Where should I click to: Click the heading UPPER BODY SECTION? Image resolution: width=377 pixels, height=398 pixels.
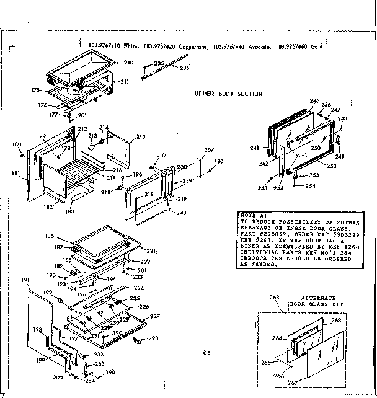(228, 94)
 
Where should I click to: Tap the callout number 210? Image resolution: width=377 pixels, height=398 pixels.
(128, 63)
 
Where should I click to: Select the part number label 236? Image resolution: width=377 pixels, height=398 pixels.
(184, 68)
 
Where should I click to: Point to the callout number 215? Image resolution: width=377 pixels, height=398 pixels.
(141, 136)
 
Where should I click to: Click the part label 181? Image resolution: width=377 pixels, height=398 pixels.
(15, 174)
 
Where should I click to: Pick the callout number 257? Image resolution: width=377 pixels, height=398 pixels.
(209, 151)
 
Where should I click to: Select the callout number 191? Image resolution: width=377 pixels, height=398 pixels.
(25, 281)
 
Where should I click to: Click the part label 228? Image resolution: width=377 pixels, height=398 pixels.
(153, 338)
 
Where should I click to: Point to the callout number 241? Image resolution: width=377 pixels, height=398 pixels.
(254, 148)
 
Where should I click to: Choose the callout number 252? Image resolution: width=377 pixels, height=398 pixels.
(331, 167)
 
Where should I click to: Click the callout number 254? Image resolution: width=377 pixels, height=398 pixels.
(310, 186)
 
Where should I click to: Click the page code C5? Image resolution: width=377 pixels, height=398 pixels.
(206, 353)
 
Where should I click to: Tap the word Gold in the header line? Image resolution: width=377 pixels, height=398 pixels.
(317, 45)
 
